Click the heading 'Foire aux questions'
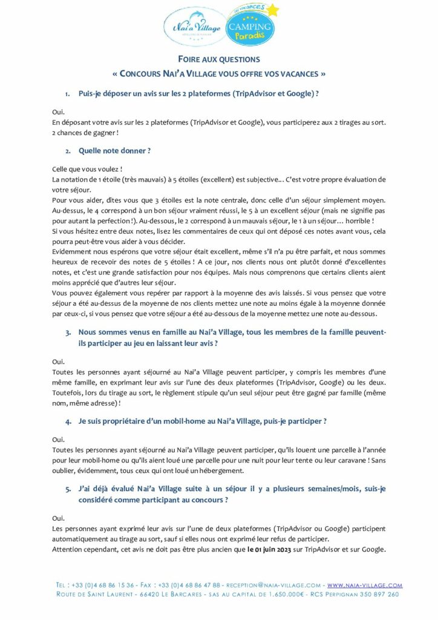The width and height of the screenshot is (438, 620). click(x=219, y=59)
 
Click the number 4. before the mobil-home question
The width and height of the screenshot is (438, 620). click(x=69, y=421)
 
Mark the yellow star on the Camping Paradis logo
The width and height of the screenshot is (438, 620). click(x=273, y=10)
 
